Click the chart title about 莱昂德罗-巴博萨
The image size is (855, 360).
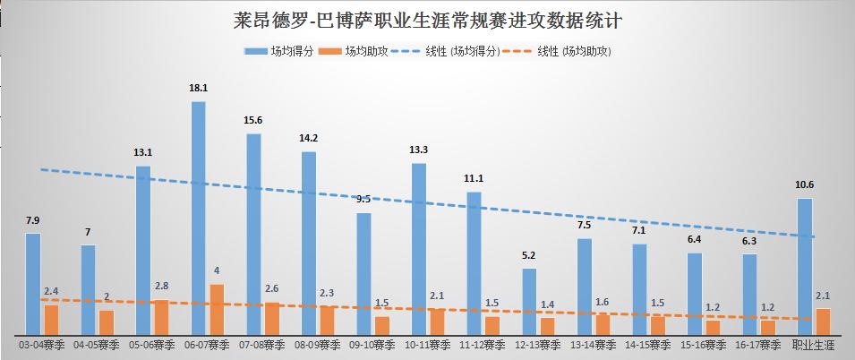(427, 19)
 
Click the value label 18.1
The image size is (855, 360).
(199, 88)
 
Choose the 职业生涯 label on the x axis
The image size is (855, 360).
(813, 345)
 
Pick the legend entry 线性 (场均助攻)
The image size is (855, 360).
(568, 52)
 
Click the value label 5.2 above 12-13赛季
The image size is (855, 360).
(529, 255)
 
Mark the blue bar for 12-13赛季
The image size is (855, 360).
(529, 301)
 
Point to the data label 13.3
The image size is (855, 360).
(419, 150)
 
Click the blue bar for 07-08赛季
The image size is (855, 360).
(253, 233)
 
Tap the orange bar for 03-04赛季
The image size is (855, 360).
(51, 319)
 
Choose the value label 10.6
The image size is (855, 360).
(805, 185)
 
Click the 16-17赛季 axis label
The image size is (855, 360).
(757, 345)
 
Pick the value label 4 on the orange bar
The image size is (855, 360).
(217, 270)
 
